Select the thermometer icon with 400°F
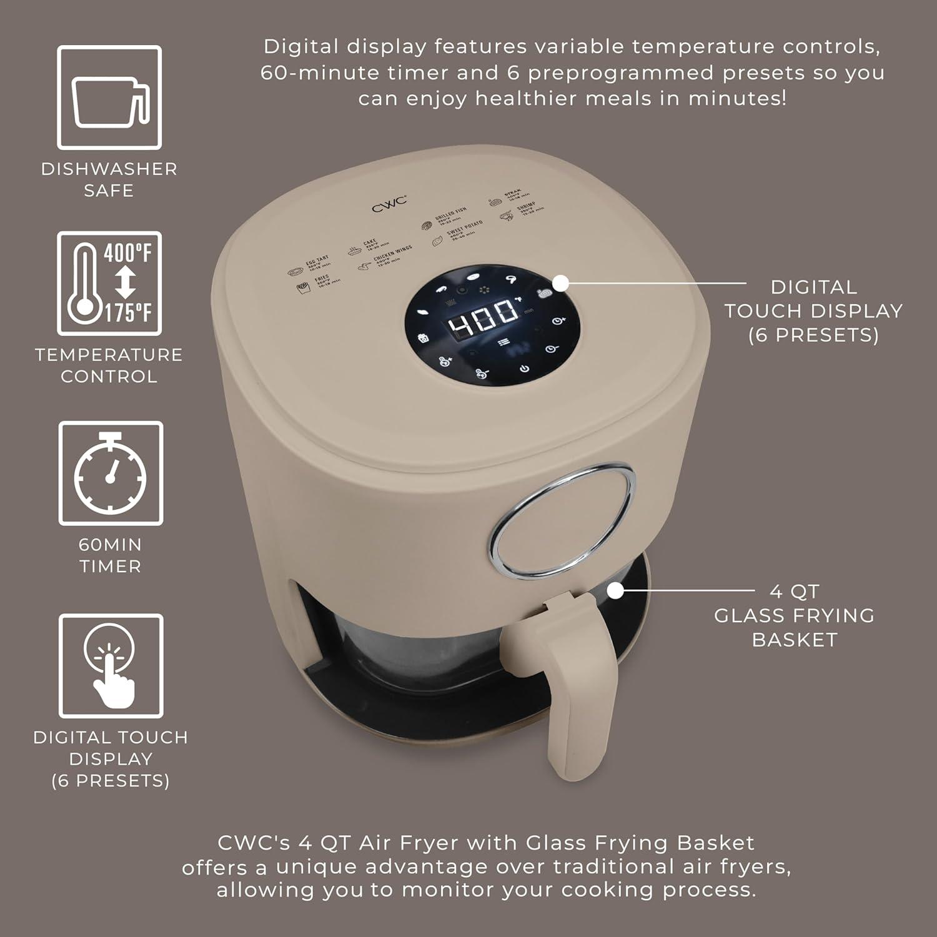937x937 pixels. click(x=110, y=284)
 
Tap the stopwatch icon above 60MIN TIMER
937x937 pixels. click(x=111, y=473)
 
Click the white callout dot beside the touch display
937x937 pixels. click(x=560, y=283)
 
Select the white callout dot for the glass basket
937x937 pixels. click(x=615, y=590)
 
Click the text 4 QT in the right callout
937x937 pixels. click(x=794, y=591)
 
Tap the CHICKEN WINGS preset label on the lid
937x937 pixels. click(x=392, y=252)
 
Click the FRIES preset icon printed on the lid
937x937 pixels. click(x=303, y=287)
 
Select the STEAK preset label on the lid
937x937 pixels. click(x=512, y=194)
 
